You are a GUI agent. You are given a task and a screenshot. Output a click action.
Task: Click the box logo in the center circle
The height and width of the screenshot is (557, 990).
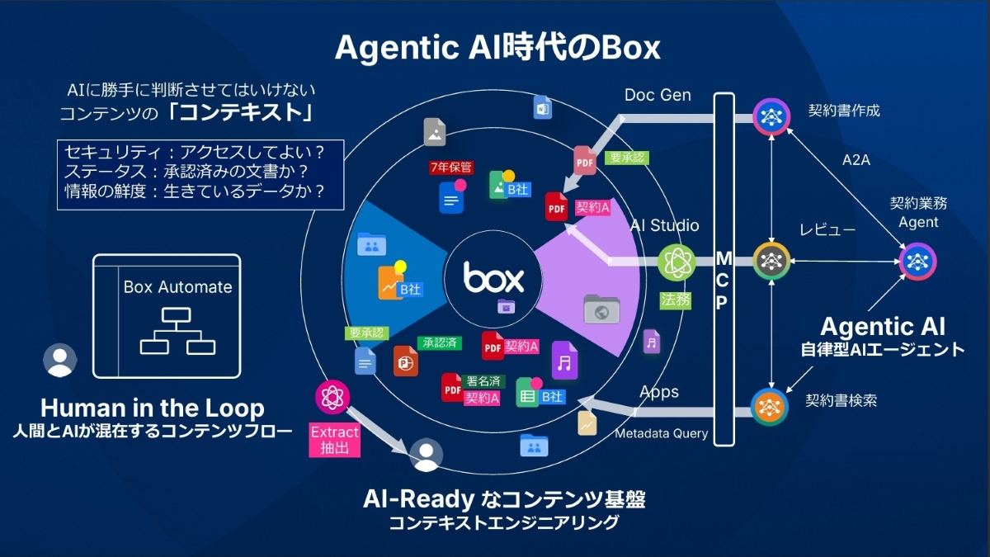[493, 278]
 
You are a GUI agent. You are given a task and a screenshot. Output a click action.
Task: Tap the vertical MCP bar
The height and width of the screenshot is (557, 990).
[723, 269]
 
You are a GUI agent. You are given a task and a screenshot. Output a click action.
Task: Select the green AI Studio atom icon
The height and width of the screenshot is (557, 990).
[676, 262]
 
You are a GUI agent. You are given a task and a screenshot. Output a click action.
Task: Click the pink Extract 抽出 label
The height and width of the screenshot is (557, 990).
[334, 441]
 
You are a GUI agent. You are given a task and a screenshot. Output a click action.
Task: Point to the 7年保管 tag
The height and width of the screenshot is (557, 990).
[450, 168]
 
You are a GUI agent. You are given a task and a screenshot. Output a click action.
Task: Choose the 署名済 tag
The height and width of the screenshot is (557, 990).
[483, 381]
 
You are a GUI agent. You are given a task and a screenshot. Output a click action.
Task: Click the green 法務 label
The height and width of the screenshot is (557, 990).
[675, 300]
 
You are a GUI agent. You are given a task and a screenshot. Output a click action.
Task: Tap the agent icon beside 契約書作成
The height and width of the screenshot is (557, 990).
[772, 116]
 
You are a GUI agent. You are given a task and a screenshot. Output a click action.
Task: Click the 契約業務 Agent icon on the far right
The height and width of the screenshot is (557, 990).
[917, 262]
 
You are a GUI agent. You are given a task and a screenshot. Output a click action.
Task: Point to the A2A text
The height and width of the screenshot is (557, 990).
[856, 160]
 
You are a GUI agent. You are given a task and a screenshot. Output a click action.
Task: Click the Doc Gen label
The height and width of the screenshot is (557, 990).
[658, 95]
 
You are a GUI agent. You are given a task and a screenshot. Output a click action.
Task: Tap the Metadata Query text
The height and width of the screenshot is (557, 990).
[661, 433]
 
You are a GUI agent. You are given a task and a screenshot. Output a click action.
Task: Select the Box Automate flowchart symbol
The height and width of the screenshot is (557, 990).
[177, 331]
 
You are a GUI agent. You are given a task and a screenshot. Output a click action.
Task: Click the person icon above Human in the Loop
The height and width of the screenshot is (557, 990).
[59, 360]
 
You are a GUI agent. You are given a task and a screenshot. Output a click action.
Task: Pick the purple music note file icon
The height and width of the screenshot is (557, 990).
[564, 361]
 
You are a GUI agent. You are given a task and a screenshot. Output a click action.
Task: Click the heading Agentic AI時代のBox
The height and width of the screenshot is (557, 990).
[497, 48]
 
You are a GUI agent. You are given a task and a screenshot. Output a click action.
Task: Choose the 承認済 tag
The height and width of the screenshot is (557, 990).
[440, 342]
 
